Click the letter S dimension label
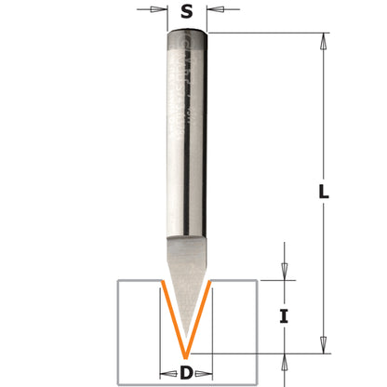point(187,13)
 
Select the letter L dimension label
point(322,193)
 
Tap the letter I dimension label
point(285,316)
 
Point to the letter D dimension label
point(186,374)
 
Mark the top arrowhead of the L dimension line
point(324,42)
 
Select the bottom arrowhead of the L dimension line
point(324,346)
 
